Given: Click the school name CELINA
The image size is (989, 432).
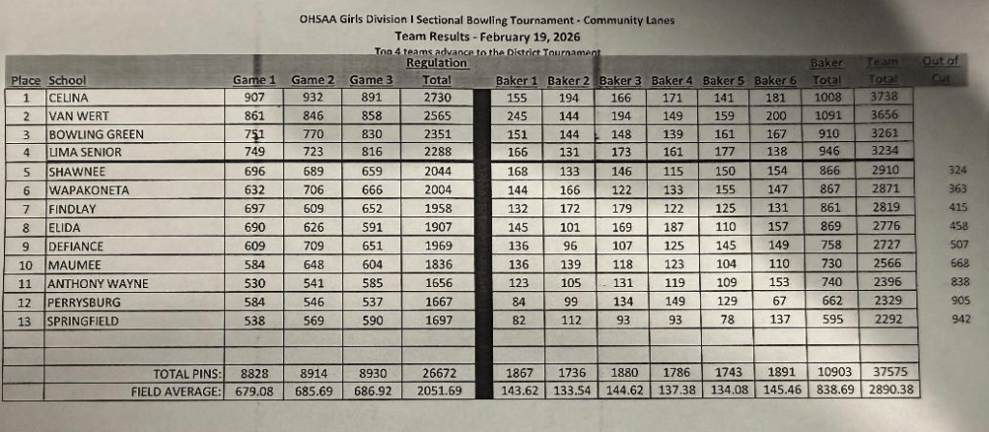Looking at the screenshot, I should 69,98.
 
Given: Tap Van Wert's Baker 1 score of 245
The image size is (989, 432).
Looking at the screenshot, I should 516,116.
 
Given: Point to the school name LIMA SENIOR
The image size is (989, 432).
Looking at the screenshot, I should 85,152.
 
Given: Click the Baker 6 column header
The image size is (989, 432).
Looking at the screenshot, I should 775,80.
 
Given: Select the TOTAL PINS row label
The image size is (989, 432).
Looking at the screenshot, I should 189,373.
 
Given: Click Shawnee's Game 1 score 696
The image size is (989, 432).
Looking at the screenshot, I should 254,171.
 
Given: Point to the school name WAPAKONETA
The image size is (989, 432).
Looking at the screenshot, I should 88,190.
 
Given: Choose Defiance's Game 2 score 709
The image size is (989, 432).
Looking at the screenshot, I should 312,245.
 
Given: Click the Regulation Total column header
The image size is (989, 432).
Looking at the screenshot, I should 437,72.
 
